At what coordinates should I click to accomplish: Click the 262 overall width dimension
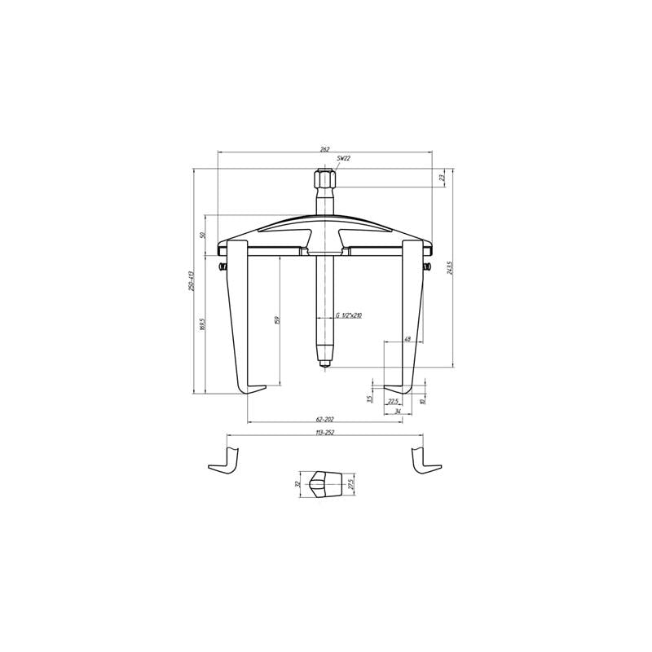tap(325, 149)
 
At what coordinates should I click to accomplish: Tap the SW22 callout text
tap(342, 161)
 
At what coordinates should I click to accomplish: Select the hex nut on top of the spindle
tap(324, 178)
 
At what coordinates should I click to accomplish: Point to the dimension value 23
tap(442, 178)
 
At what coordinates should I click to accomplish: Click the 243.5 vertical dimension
tap(449, 267)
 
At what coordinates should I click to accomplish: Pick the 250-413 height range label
tap(191, 280)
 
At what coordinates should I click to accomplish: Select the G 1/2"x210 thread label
tap(350, 315)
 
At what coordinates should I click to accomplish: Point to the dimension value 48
tap(407, 338)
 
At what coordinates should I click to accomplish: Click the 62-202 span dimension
tap(324, 418)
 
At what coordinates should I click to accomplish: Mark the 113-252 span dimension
tap(324, 434)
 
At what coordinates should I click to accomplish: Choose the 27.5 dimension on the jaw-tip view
tap(351, 483)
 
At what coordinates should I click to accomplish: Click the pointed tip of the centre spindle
tap(324, 362)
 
